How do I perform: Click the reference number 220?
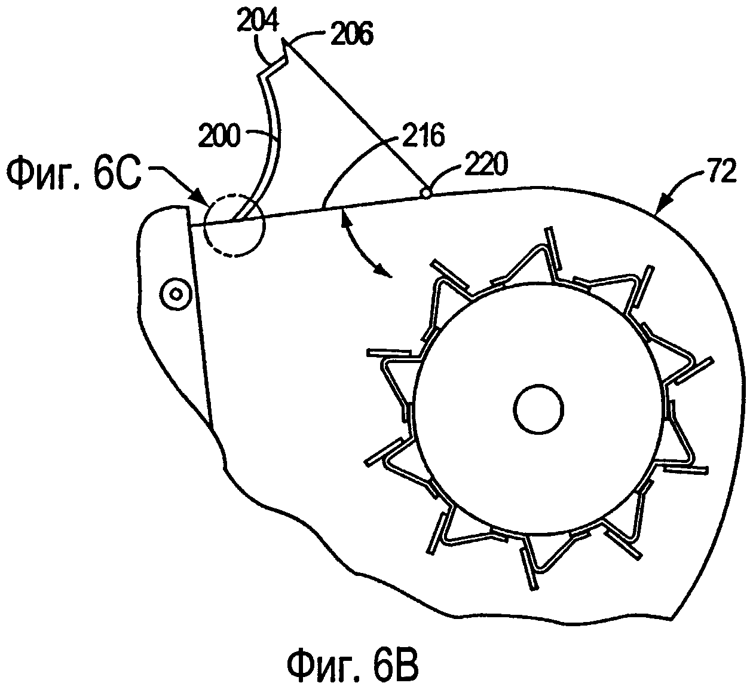486,164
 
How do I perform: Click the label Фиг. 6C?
74,176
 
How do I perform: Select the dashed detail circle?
204,225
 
